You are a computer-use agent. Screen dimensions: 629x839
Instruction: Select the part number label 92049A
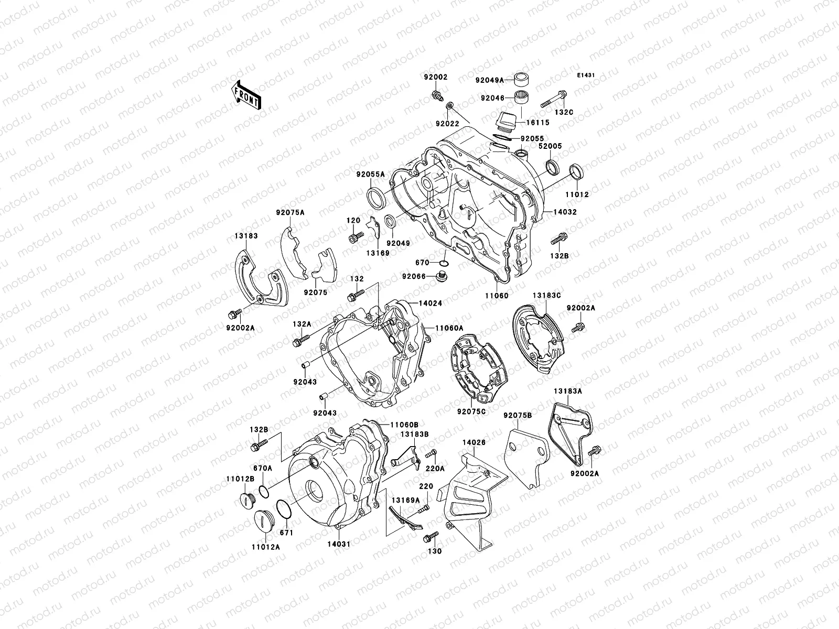[x=489, y=80]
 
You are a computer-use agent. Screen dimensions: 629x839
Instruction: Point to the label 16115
[x=539, y=123]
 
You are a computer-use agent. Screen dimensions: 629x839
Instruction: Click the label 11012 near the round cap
[x=578, y=194]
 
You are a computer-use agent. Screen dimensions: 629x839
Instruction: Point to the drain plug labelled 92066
[x=440, y=276]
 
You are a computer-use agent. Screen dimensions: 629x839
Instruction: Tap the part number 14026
[x=474, y=443]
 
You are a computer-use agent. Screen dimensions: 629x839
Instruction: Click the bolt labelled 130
[x=428, y=537]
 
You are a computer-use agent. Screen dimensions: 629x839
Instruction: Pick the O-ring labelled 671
[x=283, y=509]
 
